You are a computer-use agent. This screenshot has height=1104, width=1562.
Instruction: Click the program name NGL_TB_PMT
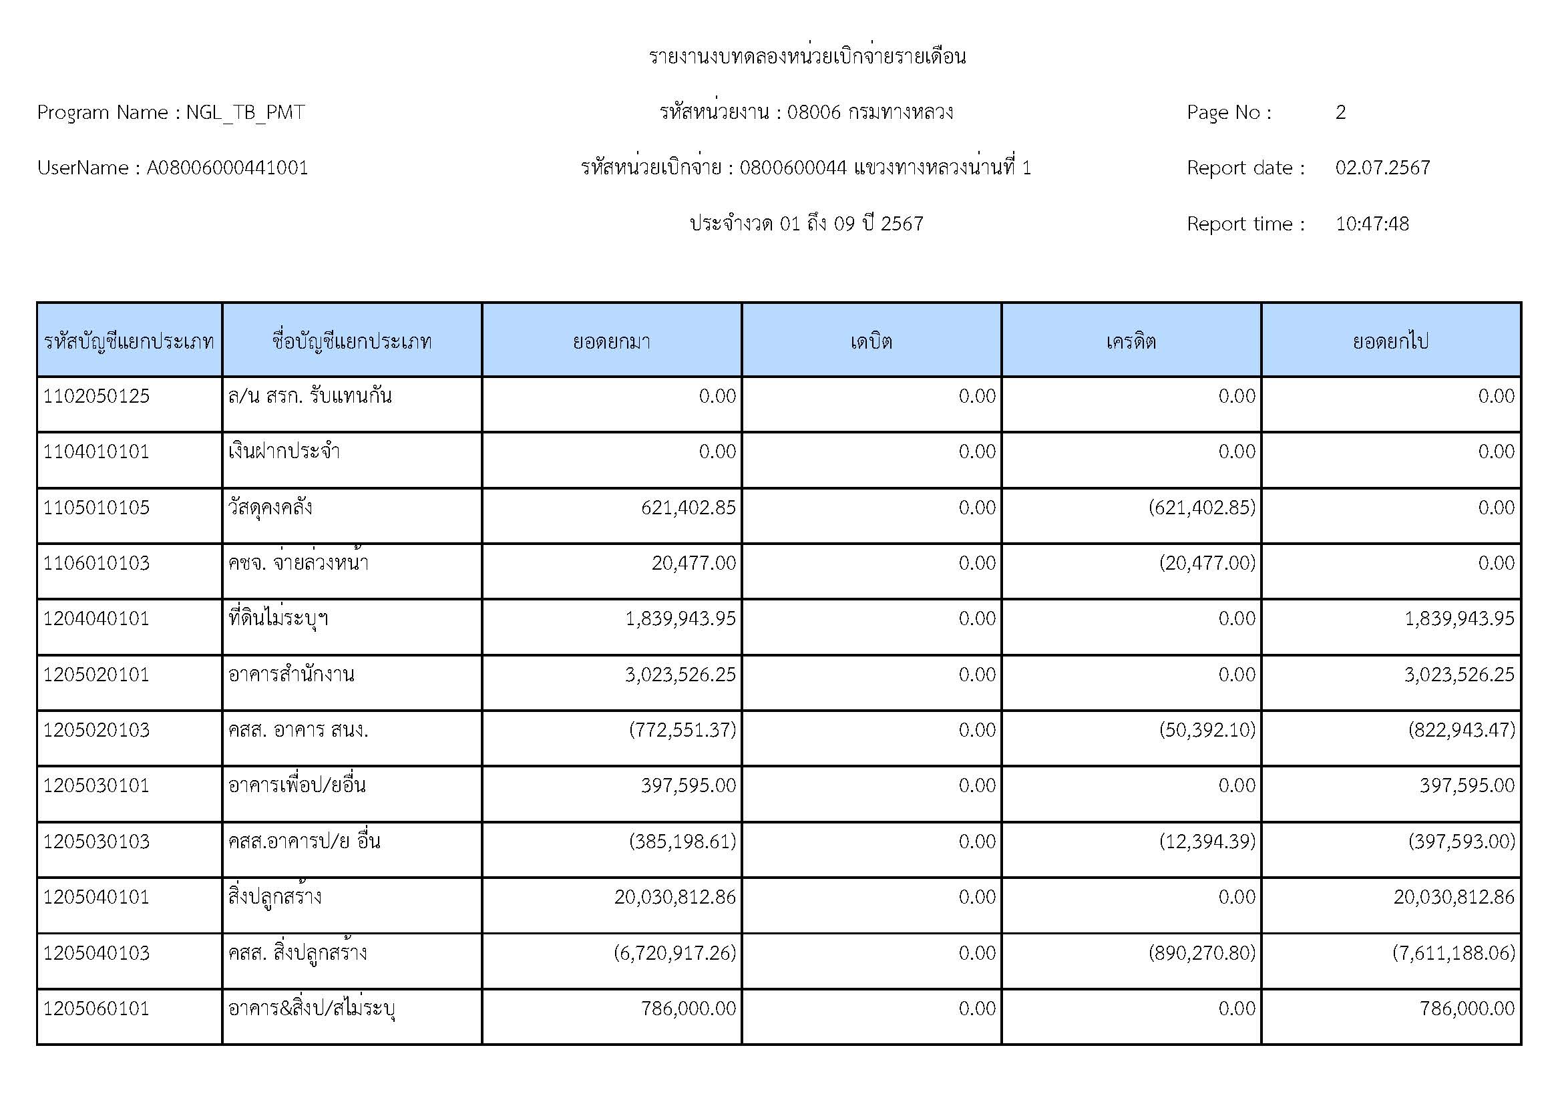[245, 112]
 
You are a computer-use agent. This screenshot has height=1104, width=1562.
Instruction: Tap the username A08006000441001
[227, 168]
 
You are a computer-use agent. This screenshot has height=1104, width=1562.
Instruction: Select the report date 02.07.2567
[1382, 168]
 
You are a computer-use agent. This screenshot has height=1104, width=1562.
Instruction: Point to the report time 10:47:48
[1372, 224]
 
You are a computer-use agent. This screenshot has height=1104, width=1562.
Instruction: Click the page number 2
[1340, 112]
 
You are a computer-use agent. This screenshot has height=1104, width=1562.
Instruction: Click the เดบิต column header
[871, 341]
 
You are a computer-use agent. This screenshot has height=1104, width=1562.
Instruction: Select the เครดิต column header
[1131, 341]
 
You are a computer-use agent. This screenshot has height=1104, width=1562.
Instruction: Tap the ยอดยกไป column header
[1390, 341]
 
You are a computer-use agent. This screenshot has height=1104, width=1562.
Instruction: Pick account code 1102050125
[97, 397]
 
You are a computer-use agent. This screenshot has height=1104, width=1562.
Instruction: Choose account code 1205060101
[97, 1008]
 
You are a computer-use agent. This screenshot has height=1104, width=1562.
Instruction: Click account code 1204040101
[97, 619]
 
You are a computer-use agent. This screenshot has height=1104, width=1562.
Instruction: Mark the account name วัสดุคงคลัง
[270, 508]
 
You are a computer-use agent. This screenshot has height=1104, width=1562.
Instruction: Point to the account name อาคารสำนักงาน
[291, 675]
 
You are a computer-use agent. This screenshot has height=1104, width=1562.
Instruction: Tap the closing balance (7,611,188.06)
[1454, 953]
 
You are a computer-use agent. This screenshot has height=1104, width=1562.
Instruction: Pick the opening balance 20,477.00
[693, 563]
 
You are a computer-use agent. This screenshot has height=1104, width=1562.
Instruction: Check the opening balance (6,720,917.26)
[675, 953]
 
